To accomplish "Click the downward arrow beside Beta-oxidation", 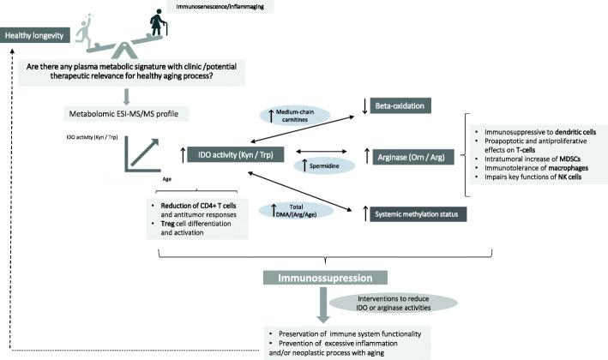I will tap(365, 106).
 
